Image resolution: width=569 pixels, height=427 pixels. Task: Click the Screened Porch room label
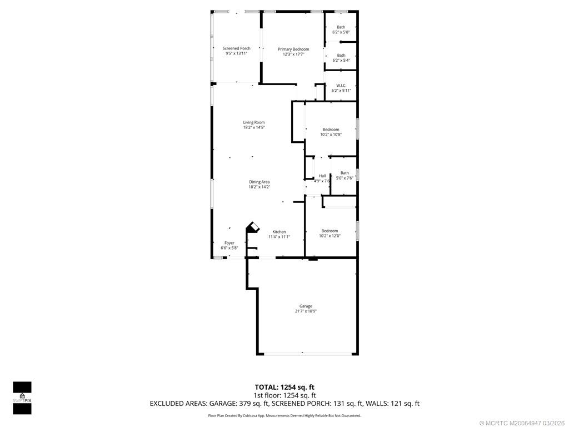tap(236, 48)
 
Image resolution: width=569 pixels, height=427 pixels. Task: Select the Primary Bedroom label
tap(293, 49)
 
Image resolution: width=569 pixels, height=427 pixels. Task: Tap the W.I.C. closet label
tap(341, 85)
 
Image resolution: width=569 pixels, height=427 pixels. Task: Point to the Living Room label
tap(253, 122)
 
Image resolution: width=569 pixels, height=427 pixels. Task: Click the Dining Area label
tap(259, 182)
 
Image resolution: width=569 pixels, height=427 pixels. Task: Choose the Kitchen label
tap(279, 232)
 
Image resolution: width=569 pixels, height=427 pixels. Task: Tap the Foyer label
tap(229, 243)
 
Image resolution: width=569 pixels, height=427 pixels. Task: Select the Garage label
tap(306, 306)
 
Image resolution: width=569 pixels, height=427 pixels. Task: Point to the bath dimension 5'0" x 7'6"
tap(345, 178)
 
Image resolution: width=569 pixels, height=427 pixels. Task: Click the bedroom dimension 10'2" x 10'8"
tap(331, 135)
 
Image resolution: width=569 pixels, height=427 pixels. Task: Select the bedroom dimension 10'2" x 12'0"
tap(330, 236)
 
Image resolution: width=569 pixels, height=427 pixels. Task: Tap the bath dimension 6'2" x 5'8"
tap(341, 32)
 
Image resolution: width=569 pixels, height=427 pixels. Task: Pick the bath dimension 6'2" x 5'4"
tap(341, 60)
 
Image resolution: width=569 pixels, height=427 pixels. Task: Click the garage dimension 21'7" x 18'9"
tap(306, 311)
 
